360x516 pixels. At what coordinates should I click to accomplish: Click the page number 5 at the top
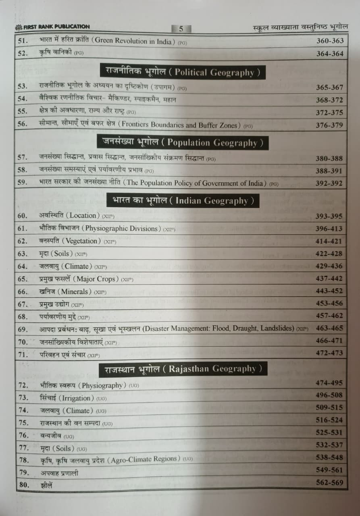coord(181,29)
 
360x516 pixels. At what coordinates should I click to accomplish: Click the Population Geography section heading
coord(183,143)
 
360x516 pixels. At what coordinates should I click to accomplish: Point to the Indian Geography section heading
coord(183,201)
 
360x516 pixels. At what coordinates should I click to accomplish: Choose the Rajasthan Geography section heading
coord(183,368)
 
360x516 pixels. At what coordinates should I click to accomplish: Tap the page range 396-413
coord(329,229)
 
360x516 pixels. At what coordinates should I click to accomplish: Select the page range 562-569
coord(329,483)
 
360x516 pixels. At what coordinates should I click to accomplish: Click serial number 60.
coord(23,216)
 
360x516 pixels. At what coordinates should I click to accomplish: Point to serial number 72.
coord(23,386)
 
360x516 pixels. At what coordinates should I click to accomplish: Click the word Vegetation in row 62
coord(84,241)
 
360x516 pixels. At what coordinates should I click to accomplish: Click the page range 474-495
coord(329,383)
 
